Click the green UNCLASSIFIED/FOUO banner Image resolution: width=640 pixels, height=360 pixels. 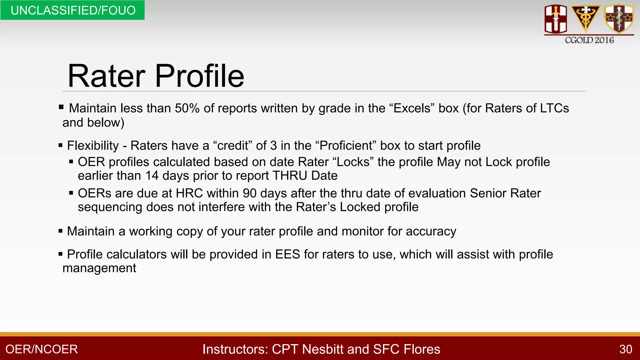coord(72,10)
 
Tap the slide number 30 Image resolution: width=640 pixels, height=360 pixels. coord(626,349)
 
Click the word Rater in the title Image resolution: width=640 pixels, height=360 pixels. coord(106,76)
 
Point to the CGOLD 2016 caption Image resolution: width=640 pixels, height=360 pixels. coord(589,40)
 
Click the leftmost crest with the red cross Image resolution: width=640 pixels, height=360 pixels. coord(556,19)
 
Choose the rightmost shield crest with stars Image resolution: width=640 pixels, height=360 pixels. coord(619,18)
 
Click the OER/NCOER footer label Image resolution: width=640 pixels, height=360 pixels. coord(42,349)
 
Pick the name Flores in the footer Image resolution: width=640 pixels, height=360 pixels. coord(422,349)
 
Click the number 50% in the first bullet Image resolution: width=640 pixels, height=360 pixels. coord(187,108)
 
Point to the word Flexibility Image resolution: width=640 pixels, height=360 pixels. coord(93,146)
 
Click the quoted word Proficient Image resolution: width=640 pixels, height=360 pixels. coord(346,146)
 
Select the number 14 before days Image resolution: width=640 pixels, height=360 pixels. coord(152,176)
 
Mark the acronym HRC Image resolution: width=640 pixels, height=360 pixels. coord(189,193)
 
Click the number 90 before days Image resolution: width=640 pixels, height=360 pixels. coord(250,193)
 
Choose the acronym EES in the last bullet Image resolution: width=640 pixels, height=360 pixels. coord(287,254)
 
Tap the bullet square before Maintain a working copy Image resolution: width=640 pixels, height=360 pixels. coord(61,232)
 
